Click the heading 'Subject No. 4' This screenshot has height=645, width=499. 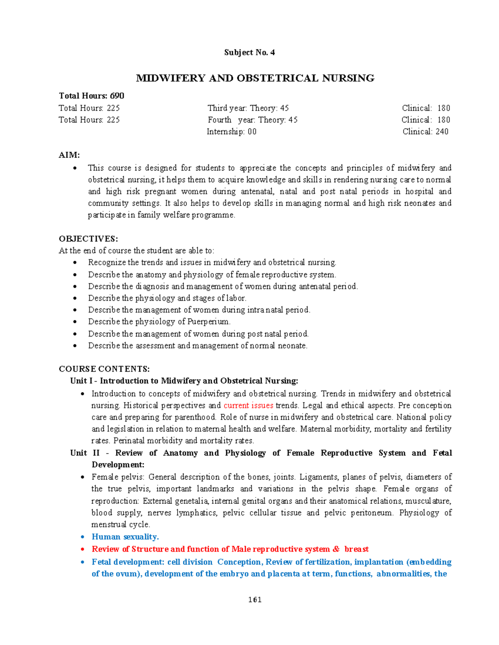pos(249,52)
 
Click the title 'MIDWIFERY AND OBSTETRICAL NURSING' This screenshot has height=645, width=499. pos(255,78)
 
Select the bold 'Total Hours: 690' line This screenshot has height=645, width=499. pos(91,96)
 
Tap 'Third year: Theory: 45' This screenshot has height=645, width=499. pos(248,108)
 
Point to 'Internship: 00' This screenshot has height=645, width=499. pos(232,132)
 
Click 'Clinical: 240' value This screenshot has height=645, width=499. pos(425,132)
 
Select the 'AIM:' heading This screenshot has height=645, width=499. pos(69,155)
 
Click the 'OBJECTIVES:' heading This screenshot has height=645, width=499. pos(88,239)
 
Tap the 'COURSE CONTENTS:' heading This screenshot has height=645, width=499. pos(104,369)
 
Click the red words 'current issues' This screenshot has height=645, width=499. pos(248,405)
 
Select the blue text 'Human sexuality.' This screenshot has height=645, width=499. pos(125,537)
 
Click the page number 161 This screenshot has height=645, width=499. pos(254,599)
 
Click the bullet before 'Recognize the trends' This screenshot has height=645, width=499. pos(75,263)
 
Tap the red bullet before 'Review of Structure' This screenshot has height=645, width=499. pos(83,549)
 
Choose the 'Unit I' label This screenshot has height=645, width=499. pos(81,381)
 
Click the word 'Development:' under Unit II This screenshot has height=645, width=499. pos(118,464)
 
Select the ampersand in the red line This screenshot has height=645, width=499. pos(336,549)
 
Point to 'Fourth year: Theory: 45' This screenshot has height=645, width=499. pos(252,120)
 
